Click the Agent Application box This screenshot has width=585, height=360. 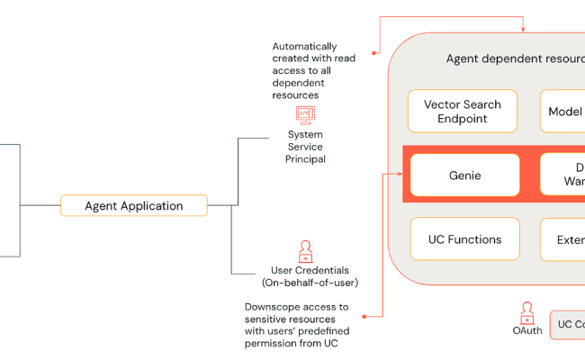click(x=133, y=206)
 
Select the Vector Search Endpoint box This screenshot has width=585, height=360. click(x=462, y=112)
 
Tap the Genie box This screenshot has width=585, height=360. click(x=464, y=175)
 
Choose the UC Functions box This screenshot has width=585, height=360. click(x=464, y=239)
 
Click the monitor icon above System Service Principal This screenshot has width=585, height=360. click(x=306, y=115)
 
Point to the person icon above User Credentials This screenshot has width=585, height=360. click(x=306, y=251)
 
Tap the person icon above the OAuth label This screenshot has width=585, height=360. click(x=526, y=313)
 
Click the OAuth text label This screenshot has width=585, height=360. click(x=526, y=331)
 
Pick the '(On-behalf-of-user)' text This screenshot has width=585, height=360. click(x=310, y=283)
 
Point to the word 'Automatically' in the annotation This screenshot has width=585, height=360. click(x=305, y=46)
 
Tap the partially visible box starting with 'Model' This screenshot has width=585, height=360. click(x=563, y=112)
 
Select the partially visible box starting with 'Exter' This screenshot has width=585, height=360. click(x=563, y=239)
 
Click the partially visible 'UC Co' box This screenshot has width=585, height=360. click(x=568, y=324)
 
